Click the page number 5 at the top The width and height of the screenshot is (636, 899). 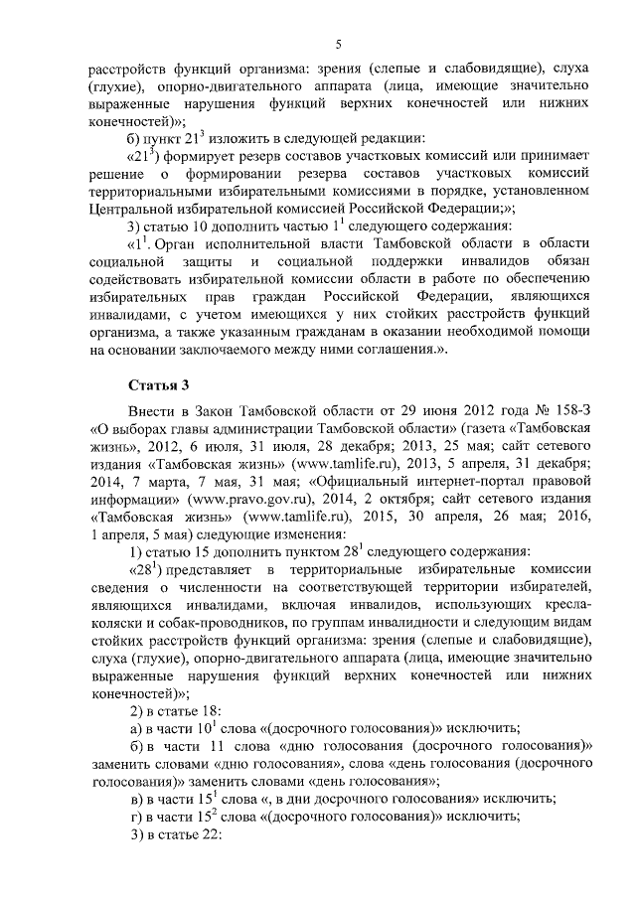tap(338, 43)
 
